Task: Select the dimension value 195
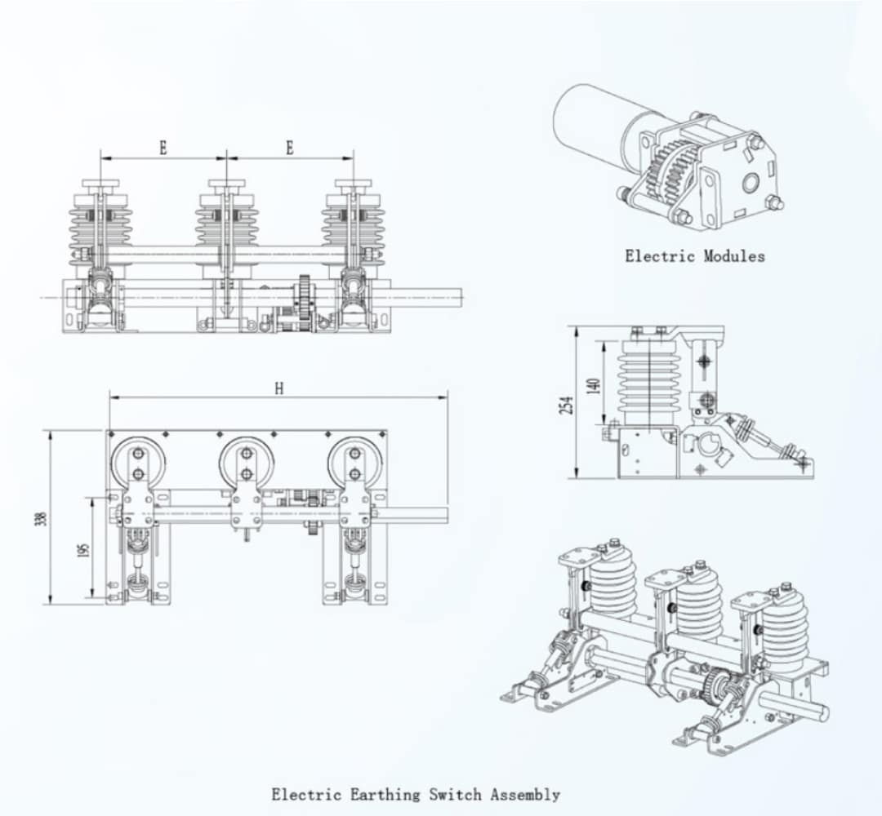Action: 82,551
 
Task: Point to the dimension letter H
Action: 278,389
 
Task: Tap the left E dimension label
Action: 163,148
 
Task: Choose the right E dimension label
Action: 290,148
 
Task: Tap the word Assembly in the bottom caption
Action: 525,794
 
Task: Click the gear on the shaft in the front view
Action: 305,303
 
